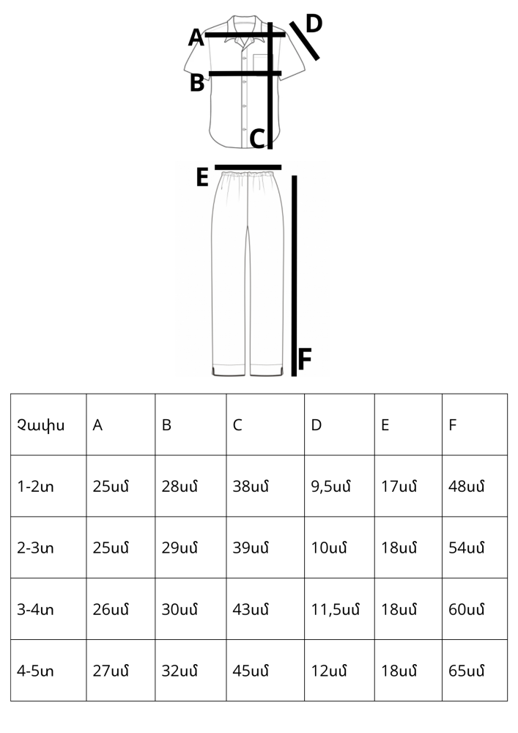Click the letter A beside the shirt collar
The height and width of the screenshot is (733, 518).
(196, 37)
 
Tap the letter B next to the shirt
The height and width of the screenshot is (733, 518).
(197, 83)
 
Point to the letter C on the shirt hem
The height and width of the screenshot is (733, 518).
(257, 139)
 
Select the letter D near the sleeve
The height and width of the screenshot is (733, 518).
(314, 23)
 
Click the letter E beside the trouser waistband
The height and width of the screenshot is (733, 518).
(202, 177)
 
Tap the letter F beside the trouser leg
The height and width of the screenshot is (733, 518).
(305, 359)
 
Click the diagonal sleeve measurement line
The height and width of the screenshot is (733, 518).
(305, 41)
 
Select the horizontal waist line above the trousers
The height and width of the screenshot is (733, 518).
(248, 167)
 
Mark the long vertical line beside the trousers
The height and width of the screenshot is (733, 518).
(294, 276)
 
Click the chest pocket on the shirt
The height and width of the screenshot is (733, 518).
(263, 65)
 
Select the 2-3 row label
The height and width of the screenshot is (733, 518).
(35, 548)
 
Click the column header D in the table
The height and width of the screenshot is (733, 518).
(317, 425)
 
